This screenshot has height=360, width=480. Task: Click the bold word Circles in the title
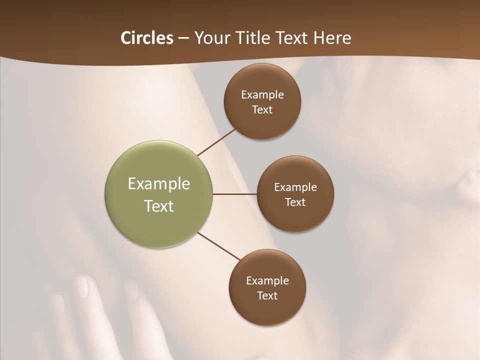click(146, 38)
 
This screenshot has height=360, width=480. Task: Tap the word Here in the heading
click(332, 38)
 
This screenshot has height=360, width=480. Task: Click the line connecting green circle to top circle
click(216, 142)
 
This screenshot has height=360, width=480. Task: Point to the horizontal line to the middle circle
click(235, 194)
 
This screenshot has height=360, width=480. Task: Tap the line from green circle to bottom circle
click(219, 246)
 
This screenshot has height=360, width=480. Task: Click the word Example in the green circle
click(159, 184)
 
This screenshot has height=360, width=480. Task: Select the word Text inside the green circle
click(159, 206)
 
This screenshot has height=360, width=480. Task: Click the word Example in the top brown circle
click(262, 94)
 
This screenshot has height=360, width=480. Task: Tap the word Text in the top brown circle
click(262, 109)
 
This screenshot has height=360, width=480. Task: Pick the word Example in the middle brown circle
click(295, 187)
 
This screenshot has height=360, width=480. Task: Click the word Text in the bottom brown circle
click(267, 295)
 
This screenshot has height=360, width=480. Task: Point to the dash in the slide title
click(183, 38)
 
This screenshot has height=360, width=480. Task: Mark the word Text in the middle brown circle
click(295, 202)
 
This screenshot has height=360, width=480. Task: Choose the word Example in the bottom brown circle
click(267, 280)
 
